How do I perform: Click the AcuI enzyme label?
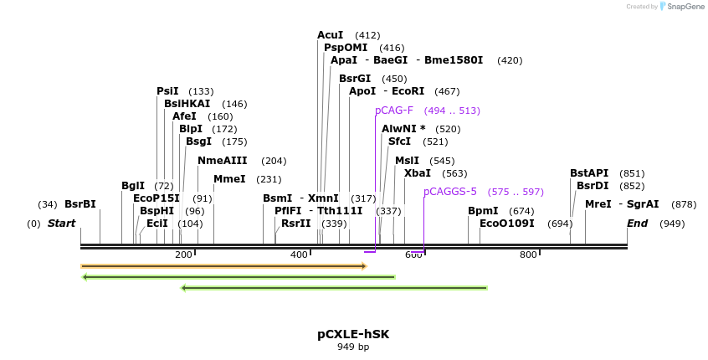coord(330,35)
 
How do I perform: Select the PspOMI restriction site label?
coord(346,48)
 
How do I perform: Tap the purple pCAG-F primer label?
coord(394,111)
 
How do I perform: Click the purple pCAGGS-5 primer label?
coord(450,192)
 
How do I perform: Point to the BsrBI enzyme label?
coord(80,204)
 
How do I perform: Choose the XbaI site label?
coord(418,173)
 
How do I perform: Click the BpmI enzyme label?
coord(483,211)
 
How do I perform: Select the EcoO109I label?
coord(506,224)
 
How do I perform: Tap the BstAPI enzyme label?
coord(589,173)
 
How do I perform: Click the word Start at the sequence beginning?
coord(61,224)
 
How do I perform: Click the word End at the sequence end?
coord(638,224)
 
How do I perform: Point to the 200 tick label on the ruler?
coord(183,255)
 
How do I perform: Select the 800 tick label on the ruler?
coord(528,255)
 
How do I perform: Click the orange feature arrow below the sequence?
coord(223,266)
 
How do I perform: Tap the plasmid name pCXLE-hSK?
coord(353,334)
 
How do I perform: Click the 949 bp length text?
coord(353,347)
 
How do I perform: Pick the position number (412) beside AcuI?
coord(367,35)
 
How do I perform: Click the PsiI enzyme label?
coord(167,91)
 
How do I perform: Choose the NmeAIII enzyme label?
coord(223,161)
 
